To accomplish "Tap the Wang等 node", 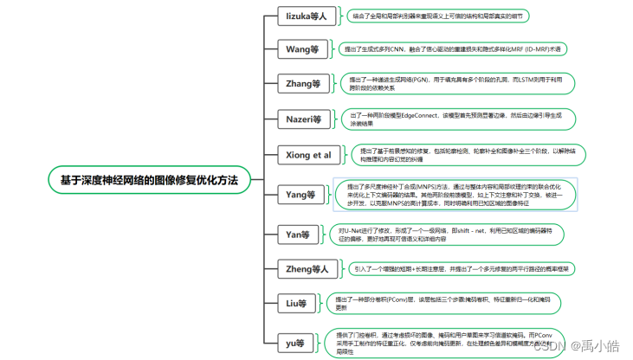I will click(x=302, y=48).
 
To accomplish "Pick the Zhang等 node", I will click(x=303, y=84).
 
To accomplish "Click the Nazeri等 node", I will click(x=304, y=119).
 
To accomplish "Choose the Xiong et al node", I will click(x=309, y=155).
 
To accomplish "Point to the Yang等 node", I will click(x=300, y=195).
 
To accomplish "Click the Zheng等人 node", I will click(x=307, y=268).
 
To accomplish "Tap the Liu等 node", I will click(x=297, y=303).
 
